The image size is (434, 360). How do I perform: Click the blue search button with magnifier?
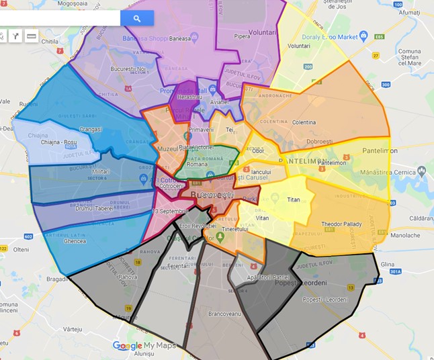click(x=137, y=18)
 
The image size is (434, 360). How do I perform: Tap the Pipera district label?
click(x=242, y=36)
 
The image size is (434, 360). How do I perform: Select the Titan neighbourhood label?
click(x=294, y=199)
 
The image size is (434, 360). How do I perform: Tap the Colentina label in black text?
click(x=304, y=122)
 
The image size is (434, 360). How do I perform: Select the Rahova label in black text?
click(x=128, y=277)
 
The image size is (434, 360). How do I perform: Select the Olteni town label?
click(x=21, y=249)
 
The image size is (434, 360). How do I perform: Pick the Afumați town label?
click(x=408, y=13)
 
